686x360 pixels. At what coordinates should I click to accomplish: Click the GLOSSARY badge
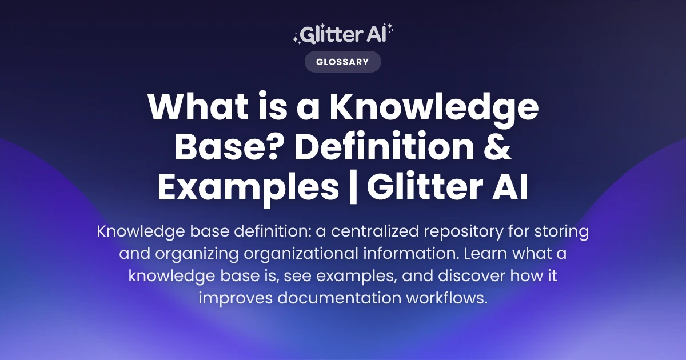[342, 62]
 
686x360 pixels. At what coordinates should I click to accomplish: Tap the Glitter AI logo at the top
[342, 34]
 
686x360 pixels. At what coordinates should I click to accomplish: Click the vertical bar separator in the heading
[353, 189]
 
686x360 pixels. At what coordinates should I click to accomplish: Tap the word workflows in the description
[449, 298]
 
